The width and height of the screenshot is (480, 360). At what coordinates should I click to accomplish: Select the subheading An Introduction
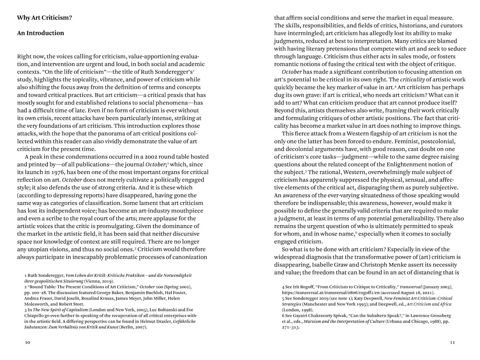(x=40, y=33)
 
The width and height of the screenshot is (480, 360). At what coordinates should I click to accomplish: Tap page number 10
(x=27, y=342)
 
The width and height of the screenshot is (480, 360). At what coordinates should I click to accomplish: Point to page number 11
(x=452, y=342)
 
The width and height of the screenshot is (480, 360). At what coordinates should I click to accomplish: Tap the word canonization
(x=189, y=257)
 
